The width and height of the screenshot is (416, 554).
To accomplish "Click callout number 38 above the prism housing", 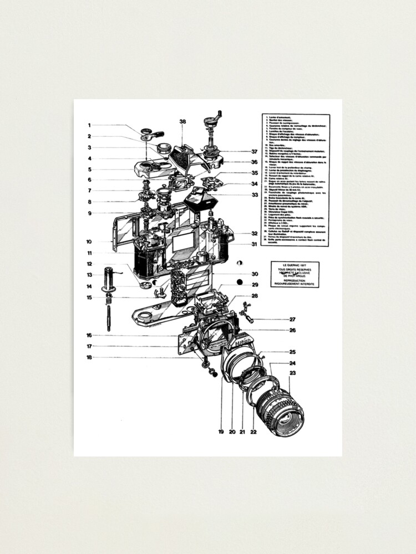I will click(x=182, y=121).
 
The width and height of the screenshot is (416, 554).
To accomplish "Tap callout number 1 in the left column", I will click(x=89, y=125).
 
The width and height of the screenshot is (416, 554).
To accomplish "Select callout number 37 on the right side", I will click(x=254, y=151).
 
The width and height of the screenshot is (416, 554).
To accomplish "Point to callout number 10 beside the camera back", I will click(x=89, y=242).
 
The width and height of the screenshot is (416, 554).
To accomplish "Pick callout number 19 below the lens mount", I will click(x=221, y=431).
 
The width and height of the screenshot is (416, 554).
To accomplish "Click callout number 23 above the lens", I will click(x=292, y=373).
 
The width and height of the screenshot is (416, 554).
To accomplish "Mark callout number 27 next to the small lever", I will click(x=292, y=319).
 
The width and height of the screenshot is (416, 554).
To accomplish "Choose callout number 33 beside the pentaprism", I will click(x=254, y=194).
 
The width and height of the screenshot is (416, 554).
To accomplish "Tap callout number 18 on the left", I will click(x=89, y=357).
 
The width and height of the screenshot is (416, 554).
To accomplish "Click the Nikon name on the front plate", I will click(x=242, y=344).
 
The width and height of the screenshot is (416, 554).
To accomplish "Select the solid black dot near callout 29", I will click(x=240, y=282).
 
